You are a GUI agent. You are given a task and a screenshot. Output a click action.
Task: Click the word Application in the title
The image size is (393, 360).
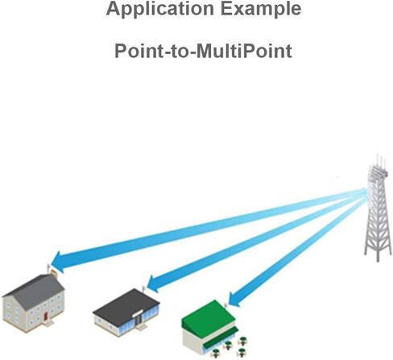point(160,9)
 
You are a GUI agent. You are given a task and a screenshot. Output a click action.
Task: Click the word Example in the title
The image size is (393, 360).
point(261,8)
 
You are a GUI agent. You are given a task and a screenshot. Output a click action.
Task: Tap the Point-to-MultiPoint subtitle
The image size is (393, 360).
point(203,51)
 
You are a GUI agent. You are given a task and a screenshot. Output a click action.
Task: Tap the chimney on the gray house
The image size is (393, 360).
point(53,273)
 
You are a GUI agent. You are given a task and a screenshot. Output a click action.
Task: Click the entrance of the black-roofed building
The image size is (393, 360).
point(139,321)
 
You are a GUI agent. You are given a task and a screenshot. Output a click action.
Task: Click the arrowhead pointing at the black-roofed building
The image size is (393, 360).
point(153,284)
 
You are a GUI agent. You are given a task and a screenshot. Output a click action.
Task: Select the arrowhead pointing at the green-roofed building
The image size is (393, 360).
point(234,299)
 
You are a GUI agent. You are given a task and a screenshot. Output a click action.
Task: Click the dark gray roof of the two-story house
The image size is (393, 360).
point(35,291)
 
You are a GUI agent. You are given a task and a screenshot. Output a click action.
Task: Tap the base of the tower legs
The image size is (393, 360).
point(378,255)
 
